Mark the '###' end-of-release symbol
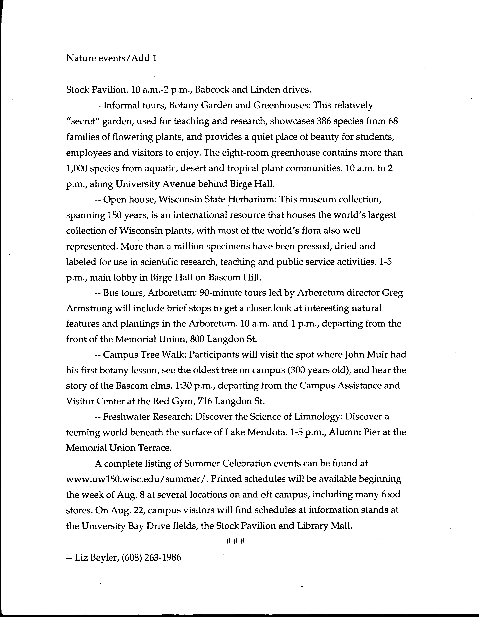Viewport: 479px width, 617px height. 235,542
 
